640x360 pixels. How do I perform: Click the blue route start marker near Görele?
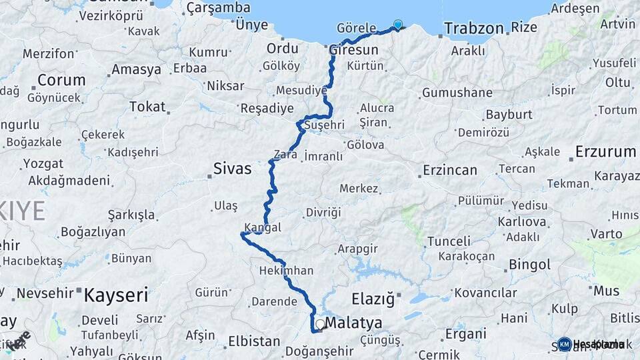(x=398, y=25)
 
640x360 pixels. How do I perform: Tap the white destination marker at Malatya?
(x=321, y=325)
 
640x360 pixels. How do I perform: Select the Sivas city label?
(x=233, y=169)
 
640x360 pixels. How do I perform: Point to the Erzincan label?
(x=450, y=170)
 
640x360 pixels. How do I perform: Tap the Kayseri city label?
(x=115, y=295)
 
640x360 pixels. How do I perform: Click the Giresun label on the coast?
(x=353, y=50)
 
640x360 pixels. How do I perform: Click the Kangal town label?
(x=263, y=227)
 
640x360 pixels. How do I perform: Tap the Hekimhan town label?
(x=285, y=271)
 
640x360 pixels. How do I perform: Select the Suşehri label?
(x=324, y=125)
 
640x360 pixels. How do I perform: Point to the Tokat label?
(x=147, y=107)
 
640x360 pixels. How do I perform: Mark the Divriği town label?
(x=323, y=212)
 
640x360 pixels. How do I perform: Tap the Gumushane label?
(x=457, y=93)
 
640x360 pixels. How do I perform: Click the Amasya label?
(x=136, y=69)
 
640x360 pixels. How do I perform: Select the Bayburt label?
(x=509, y=114)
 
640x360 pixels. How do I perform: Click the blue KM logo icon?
(x=565, y=344)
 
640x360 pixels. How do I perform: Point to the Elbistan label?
(x=254, y=341)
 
